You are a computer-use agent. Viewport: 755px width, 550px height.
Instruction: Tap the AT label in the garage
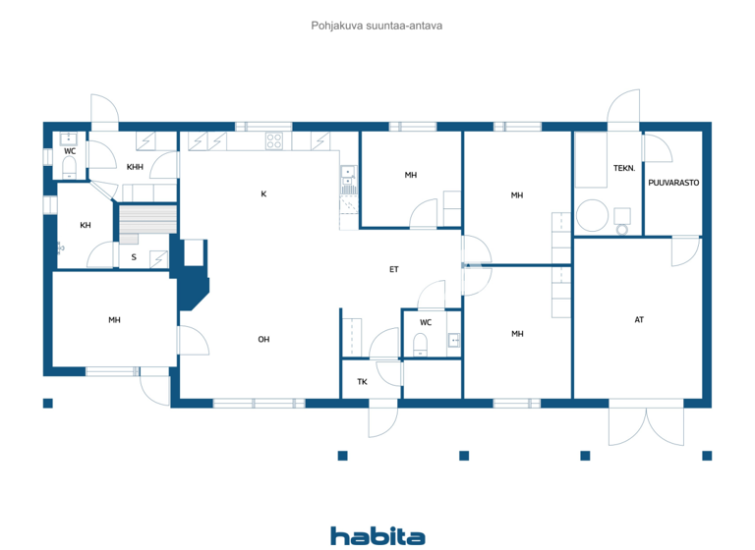(639, 319)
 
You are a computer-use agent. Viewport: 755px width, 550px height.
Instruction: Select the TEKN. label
(624, 168)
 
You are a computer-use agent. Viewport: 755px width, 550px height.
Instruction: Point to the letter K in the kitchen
(263, 193)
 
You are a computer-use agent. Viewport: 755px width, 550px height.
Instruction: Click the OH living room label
(263, 339)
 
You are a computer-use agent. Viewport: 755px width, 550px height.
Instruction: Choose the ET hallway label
(393, 268)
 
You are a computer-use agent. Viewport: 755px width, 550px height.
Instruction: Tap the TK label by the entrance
(362, 381)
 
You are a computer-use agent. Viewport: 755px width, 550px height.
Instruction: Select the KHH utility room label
(135, 167)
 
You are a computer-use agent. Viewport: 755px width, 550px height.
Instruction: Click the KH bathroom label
(86, 225)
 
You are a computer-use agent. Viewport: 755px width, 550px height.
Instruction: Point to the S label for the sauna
(134, 257)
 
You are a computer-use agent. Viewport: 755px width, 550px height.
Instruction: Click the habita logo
(377, 535)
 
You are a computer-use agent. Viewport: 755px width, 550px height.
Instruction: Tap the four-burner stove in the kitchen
(274, 141)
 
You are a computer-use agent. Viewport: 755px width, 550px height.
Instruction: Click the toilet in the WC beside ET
(421, 343)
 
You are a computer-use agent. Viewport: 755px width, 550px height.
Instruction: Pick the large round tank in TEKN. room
(592, 216)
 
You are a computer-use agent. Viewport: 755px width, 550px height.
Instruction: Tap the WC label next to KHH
(70, 151)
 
